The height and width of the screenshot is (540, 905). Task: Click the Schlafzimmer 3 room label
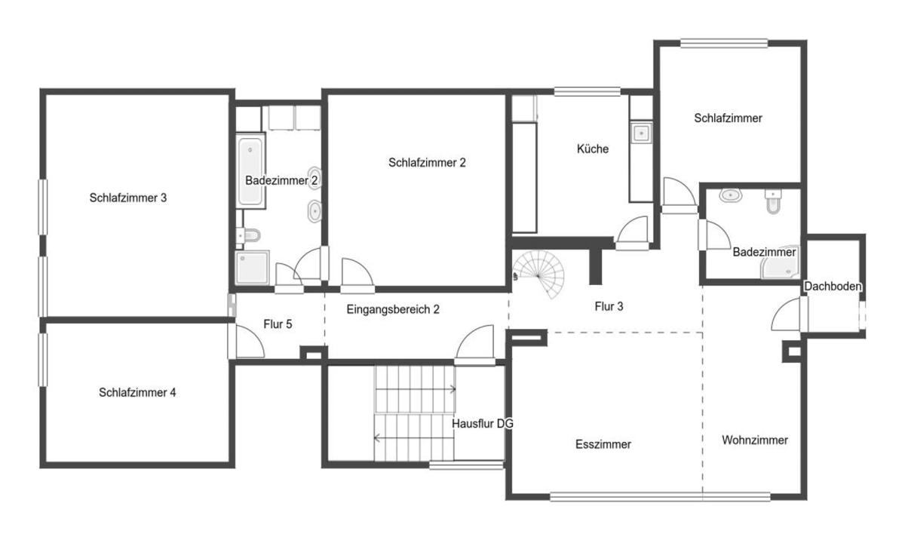coord(128,198)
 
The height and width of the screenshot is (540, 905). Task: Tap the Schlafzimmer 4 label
coord(137,393)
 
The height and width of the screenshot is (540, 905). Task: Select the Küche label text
coord(593,149)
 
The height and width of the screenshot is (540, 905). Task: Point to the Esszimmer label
coord(603,444)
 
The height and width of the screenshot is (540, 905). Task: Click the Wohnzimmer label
coord(755,440)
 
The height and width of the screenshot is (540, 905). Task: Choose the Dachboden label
coord(833,287)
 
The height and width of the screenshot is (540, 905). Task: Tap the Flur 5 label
coord(278,324)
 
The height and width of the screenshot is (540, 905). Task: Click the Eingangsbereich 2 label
coord(393,309)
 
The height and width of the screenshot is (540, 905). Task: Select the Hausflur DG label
coord(483,424)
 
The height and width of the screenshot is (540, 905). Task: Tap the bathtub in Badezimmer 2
coord(250,171)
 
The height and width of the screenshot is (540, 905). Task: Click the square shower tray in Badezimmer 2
coord(252,268)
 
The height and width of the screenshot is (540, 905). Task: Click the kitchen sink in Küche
coord(641,133)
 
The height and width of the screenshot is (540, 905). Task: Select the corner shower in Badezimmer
coord(780,262)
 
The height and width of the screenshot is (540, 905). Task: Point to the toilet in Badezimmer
coord(773,201)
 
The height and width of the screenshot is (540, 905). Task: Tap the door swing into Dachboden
coord(786,314)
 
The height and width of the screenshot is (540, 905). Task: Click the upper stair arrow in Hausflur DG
coord(416,389)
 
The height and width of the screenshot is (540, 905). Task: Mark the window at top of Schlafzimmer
coord(723,43)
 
